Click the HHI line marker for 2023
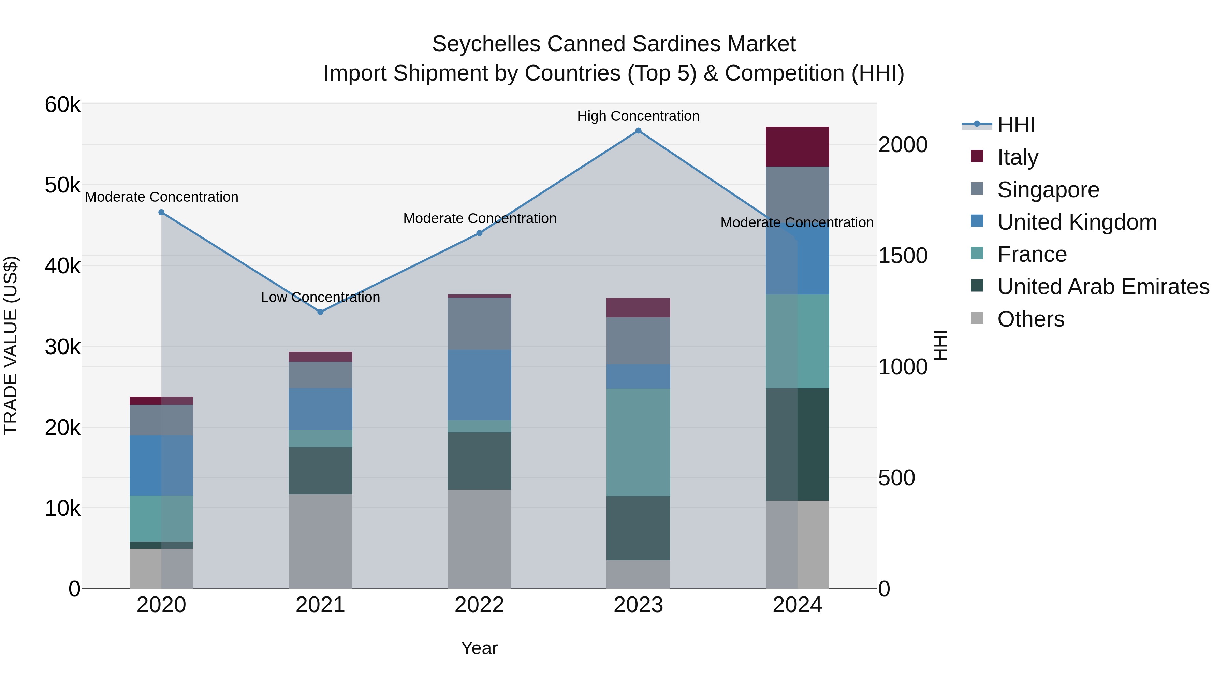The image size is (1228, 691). point(638,131)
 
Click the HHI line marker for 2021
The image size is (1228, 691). point(320,312)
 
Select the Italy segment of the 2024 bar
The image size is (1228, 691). point(797,146)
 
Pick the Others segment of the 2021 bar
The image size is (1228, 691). point(320,541)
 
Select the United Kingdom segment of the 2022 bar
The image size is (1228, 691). point(479,385)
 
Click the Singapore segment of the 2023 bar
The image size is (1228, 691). point(638,341)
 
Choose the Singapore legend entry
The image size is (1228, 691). point(1048,189)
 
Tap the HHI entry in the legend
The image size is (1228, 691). point(1015,125)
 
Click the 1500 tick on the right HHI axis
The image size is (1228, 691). point(902,256)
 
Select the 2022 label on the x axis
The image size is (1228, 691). point(479,605)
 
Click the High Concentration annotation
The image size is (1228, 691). point(638,116)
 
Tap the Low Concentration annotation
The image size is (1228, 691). point(320,297)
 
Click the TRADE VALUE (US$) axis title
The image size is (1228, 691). point(11,345)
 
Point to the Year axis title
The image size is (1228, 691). point(479,648)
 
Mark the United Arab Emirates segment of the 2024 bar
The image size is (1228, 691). point(797,444)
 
